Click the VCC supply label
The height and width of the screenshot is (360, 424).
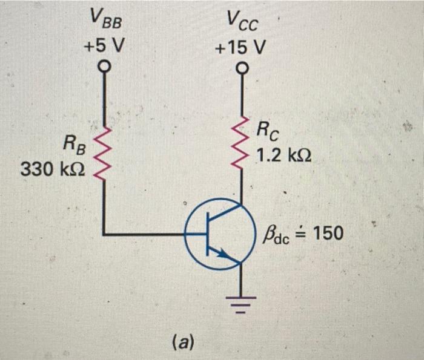242,22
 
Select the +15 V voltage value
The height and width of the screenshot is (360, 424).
242,47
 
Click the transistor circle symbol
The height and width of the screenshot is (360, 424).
217,234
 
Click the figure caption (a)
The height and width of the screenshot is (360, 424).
182,342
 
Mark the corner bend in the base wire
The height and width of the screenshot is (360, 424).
105,233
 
